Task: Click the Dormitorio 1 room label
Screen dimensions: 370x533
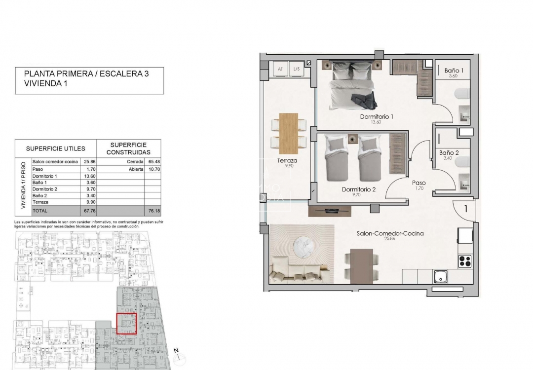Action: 377,117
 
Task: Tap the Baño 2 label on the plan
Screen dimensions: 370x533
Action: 449,153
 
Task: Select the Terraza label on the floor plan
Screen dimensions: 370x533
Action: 287,161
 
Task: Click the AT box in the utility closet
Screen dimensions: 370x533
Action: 280,70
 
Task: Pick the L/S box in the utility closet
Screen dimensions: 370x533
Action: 296,70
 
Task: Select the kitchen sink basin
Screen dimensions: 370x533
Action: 441,276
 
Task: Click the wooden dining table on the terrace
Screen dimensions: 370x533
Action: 288,133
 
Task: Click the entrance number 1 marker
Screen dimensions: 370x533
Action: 465,209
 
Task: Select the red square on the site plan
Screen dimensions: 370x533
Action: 126,324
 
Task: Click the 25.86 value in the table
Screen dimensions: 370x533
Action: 90,161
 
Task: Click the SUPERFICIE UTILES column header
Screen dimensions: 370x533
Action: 55,148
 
